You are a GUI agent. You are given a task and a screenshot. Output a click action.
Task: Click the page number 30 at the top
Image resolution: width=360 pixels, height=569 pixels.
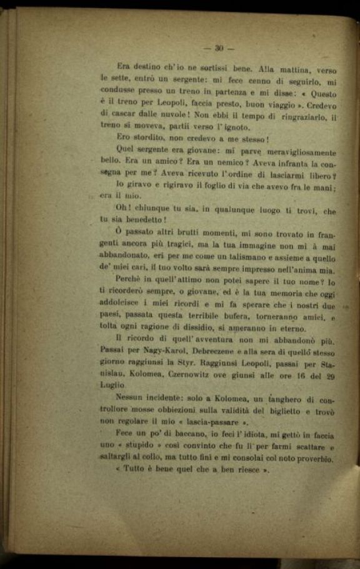tap(219, 48)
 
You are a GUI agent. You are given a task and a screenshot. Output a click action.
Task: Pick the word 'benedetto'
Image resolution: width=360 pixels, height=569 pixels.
tap(139, 219)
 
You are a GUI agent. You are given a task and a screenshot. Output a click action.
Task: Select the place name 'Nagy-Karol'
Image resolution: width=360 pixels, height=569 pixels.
tap(157, 351)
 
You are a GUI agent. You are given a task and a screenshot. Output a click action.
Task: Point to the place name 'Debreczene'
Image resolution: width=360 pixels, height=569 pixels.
tap(216, 351)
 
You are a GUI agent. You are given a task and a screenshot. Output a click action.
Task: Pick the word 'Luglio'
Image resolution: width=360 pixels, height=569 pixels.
tap(113, 386)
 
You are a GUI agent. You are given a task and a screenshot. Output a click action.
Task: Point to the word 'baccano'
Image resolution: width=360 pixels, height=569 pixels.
tap(177, 435)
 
